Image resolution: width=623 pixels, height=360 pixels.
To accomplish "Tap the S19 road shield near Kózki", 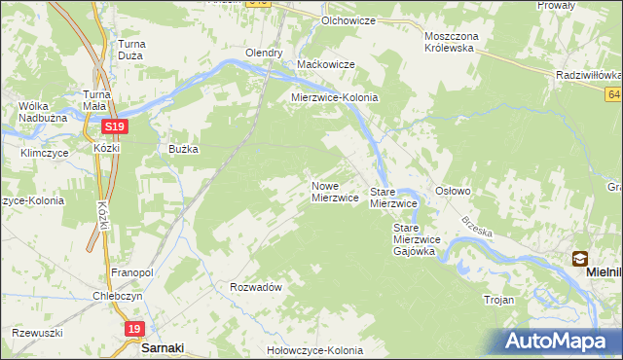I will click(115, 127).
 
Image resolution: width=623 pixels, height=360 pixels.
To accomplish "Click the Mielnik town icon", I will click(580, 259).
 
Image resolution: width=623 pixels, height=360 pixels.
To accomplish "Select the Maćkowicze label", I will click(325, 65).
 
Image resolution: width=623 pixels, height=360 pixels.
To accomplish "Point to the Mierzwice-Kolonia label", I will click(335, 98).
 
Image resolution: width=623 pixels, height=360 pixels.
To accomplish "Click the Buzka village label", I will click(183, 150).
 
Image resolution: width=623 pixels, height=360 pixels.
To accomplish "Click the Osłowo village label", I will click(453, 192).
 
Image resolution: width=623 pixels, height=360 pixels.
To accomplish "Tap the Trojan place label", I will click(498, 301).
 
